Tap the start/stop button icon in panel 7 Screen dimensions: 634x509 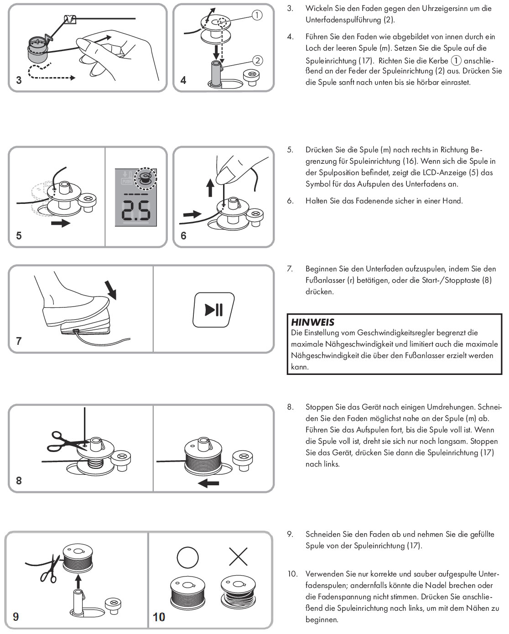pyautogui.click(x=214, y=310)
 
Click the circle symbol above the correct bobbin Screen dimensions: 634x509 pyautogui.click(x=187, y=557)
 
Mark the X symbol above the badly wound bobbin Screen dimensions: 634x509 pyautogui.click(x=238, y=557)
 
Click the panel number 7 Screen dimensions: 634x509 pyautogui.click(x=19, y=341)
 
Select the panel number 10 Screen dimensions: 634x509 pyautogui.click(x=159, y=617)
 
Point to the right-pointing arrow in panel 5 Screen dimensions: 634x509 pyautogui.click(x=60, y=223)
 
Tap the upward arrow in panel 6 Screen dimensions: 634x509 pyautogui.click(x=210, y=187)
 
